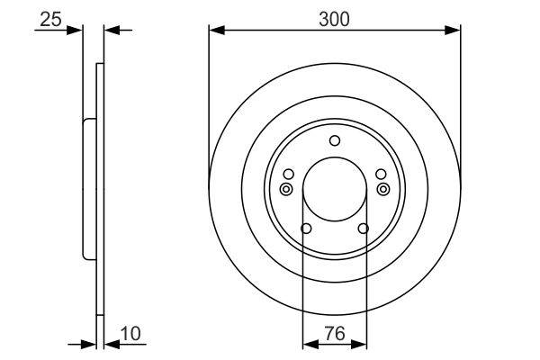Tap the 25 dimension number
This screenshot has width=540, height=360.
click(x=51, y=17)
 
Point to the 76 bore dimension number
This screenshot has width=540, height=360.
click(x=336, y=334)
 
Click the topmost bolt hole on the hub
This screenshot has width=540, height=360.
click(x=335, y=139)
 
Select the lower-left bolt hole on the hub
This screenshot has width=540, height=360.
click(x=306, y=229)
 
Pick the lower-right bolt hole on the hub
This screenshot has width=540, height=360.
click(x=364, y=229)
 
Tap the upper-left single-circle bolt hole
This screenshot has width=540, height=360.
click(x=288, y=174)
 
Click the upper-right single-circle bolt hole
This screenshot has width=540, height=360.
click(x=382, y=174)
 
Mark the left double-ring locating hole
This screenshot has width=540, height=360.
click(x=286, y=189)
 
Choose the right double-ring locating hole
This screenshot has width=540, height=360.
click(x=384, y=189)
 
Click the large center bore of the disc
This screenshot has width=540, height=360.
click(x=335, y=190)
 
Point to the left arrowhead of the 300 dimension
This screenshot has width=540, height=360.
click(x=214, y=31)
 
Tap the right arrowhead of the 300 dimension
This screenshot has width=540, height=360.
click(x=455, y=31)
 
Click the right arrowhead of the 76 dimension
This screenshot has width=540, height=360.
click(x=363, y=343)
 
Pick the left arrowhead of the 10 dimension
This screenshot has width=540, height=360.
click(x=89, y=343)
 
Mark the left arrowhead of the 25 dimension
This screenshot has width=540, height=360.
click(x=76, y=31)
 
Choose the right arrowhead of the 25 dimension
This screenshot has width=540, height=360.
click(x=111, y=31)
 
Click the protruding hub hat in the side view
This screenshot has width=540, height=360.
click(x=87, y=189)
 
